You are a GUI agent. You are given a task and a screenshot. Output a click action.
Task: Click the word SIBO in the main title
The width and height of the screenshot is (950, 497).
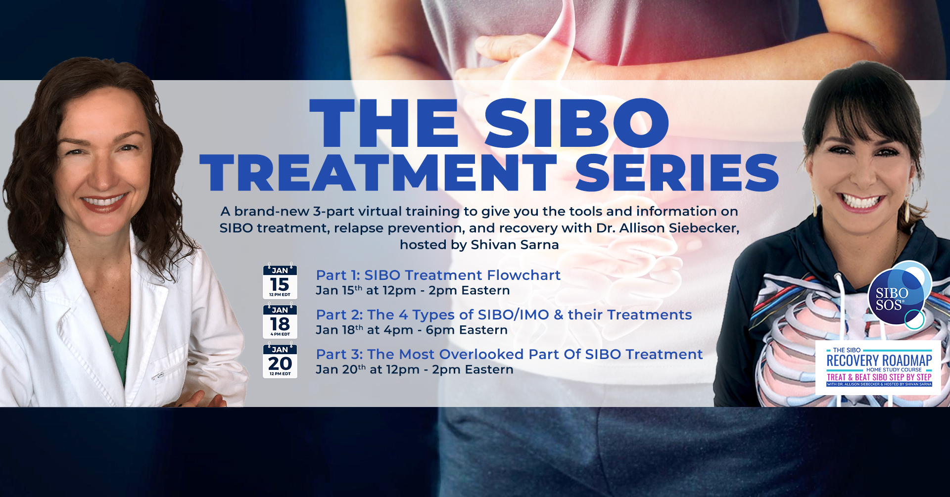click(x=576, y=123)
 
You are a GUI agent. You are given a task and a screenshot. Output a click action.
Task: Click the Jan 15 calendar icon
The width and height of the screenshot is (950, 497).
click(x=280, y=281)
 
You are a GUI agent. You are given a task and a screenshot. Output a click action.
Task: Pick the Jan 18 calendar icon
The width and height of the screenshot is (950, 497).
click(x=280, y=320)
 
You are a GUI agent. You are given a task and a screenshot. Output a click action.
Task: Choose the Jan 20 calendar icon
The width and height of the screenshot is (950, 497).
click(x=280, y=360)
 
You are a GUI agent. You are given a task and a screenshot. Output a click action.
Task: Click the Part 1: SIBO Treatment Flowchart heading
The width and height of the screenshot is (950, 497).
click(x=438, y=275)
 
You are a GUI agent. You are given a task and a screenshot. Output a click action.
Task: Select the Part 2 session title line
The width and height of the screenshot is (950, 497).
click(x=504, y=315)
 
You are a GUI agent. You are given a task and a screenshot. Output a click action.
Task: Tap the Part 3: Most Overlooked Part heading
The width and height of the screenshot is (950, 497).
click(x=509, y=354)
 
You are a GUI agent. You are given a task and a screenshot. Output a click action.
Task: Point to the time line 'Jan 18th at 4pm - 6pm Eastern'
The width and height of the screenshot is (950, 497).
click(x=412, y=330)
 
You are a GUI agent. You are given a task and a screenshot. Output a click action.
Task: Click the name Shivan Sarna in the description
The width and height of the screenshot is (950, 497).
click(x=515, y=245)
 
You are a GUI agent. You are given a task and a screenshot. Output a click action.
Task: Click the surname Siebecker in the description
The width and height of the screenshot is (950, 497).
click(x=704, y=228)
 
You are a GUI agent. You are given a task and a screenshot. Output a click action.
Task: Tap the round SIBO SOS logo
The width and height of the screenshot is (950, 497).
click(x=897, y=296)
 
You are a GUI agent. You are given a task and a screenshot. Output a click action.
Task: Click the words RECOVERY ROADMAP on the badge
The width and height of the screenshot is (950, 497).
click(x=879, y=361)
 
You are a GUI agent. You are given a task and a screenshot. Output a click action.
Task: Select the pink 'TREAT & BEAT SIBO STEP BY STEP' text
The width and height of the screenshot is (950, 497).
click(x=879, y=377)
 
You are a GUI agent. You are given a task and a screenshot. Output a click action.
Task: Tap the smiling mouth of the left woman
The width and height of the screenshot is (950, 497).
click(x=104, y=201)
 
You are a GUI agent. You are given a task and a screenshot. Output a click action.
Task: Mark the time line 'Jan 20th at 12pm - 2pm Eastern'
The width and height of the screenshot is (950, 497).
click(x=415, y=369)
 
